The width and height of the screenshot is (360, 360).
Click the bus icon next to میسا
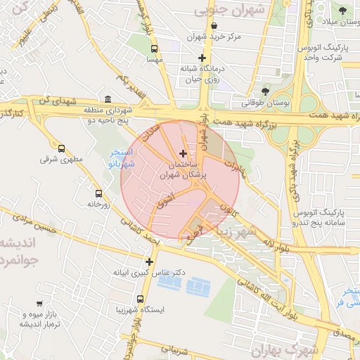click(154, 49)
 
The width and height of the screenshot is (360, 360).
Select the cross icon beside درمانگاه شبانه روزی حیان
click(202, 58)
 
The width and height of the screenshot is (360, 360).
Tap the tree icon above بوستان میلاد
click(342, 11)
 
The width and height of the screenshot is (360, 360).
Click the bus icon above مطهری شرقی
click(61, 148)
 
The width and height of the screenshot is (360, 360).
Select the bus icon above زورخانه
click(98, 193)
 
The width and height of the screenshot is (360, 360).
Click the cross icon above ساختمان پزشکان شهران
click(184, 153)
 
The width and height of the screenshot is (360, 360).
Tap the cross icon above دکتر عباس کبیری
click(149, 262)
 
